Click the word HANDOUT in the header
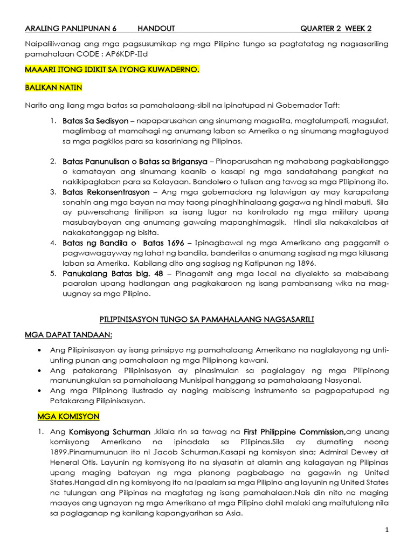click(x=156, y=29)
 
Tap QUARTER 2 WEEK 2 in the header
click(x=336, y=29)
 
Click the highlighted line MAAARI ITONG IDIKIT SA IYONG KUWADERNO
click(x=112, y=70)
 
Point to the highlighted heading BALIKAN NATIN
click(x=53, y=87)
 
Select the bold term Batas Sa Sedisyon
click(x=95, y=121)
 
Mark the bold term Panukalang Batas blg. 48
click(x=111, y=274)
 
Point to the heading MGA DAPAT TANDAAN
click(x=69, y=335)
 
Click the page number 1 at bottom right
click(x=387, y=530)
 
